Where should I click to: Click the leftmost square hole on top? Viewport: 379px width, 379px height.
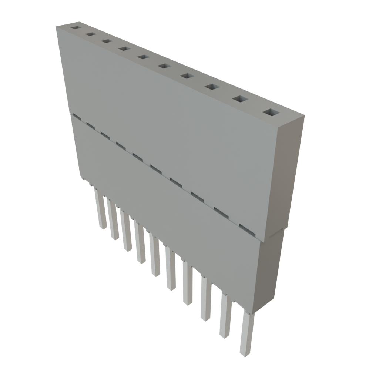point(76,28)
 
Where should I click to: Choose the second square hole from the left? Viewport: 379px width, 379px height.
point(90,34)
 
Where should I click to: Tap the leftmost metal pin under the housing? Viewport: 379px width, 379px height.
point(100,209)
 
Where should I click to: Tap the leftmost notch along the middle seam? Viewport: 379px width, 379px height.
point(77,117)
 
